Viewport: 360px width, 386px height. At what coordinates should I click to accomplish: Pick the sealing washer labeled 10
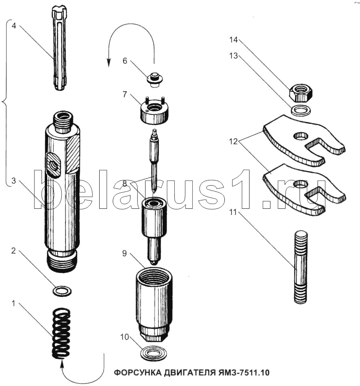point(152,354)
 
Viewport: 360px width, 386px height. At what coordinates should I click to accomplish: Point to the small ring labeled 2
point(62,291)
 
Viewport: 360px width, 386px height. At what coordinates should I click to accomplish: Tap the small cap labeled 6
point(155,79)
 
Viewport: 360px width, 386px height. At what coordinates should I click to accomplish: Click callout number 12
point(233,142)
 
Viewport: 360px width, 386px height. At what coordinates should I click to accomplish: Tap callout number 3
point(14,181)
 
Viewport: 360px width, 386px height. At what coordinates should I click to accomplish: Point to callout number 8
point(124,183)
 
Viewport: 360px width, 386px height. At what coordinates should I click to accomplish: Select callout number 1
point(14,303)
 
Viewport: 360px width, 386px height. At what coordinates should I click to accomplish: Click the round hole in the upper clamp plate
point(301,135)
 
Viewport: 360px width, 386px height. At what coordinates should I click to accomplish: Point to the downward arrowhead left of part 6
point(108,63)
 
